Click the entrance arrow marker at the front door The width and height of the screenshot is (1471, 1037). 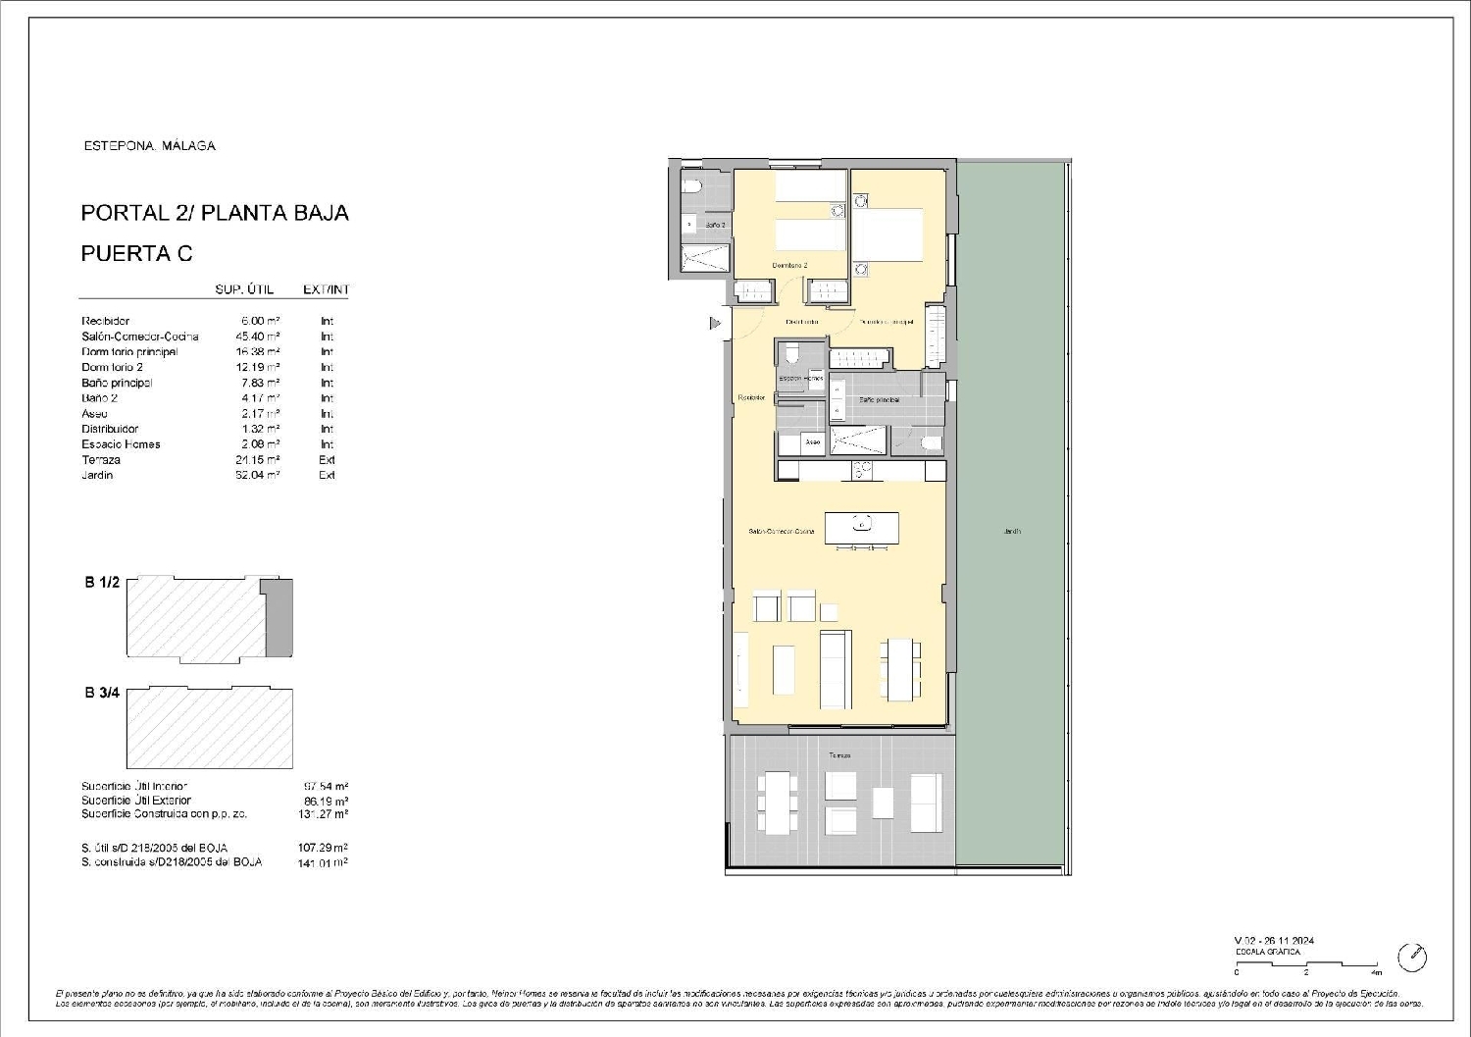point(715,322)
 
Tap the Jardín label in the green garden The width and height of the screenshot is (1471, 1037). point(1012,531)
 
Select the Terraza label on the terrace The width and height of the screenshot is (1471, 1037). point(839,755)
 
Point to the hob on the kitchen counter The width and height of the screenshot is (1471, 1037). point(862,471)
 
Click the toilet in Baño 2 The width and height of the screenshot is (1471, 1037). point(690,187)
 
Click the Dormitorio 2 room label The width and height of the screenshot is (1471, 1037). point(789,266)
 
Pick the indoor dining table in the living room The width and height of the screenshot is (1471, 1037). point(899,669)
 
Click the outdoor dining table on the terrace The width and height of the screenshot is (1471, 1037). point(777,804)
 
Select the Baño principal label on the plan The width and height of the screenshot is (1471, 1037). point(879,400)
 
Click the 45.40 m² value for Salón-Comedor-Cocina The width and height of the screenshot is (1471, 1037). point(260,337)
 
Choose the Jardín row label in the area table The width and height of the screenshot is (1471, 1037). point(97,475)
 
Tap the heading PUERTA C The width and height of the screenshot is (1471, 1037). point(136,253)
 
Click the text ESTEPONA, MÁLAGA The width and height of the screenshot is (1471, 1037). point(149,145)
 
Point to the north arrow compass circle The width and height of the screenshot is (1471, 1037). point(1412,957)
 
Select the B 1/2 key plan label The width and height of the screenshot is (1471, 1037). point(101,582)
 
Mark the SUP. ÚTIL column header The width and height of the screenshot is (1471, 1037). point(244,289)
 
